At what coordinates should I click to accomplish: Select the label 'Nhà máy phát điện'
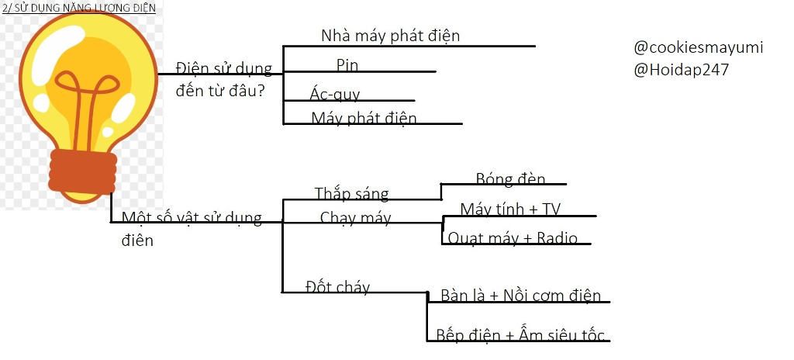[390, 36]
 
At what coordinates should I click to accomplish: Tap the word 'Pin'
[347, 64]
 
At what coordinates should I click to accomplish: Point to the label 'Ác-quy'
[334, 95]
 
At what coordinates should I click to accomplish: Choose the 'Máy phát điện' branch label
[364, 118]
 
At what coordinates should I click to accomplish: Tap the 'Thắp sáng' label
[351, 193]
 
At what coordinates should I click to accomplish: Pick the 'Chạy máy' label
[355, 218]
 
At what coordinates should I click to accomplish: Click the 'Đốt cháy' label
[337, 287]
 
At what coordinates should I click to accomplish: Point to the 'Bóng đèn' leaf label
[510, 179]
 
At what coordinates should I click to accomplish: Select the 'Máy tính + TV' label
[509, 209]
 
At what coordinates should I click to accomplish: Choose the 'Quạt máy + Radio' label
[512, 237]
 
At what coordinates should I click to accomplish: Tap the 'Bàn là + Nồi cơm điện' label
[520, 296]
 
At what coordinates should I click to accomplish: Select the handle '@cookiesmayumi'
[698, 47]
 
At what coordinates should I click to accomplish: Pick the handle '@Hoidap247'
[681, 70]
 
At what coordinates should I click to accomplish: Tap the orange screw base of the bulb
[83, 172]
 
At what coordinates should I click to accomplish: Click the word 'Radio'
[557, 237]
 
